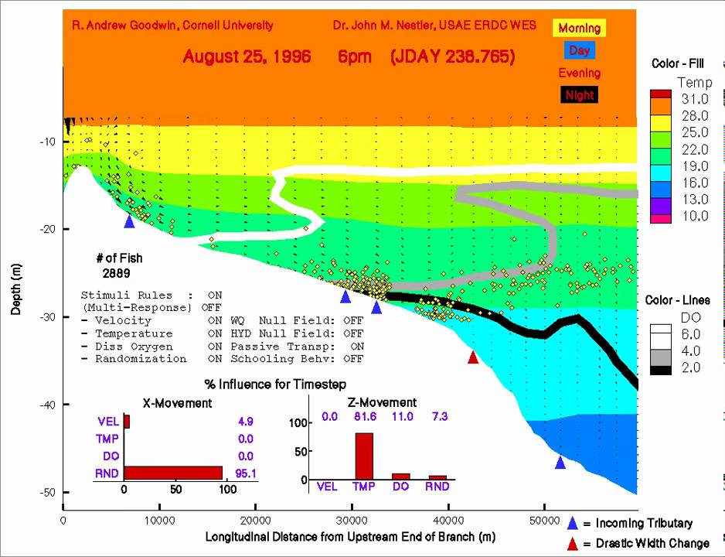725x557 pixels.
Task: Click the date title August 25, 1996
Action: point(247,56)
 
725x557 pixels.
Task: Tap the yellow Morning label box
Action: point(579,29)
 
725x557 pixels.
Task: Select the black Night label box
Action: point(579,95)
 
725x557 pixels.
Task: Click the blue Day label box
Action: point(579,50)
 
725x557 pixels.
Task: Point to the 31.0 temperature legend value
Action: point(694,99)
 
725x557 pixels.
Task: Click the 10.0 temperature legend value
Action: point(694,216)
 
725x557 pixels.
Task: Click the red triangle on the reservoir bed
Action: point(473,357)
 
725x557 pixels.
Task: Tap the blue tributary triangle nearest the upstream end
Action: point(129,221)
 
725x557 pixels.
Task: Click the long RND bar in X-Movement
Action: point(173,472)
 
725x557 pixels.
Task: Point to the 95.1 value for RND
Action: point(243,472)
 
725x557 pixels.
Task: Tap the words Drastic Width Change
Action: point(652,543)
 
